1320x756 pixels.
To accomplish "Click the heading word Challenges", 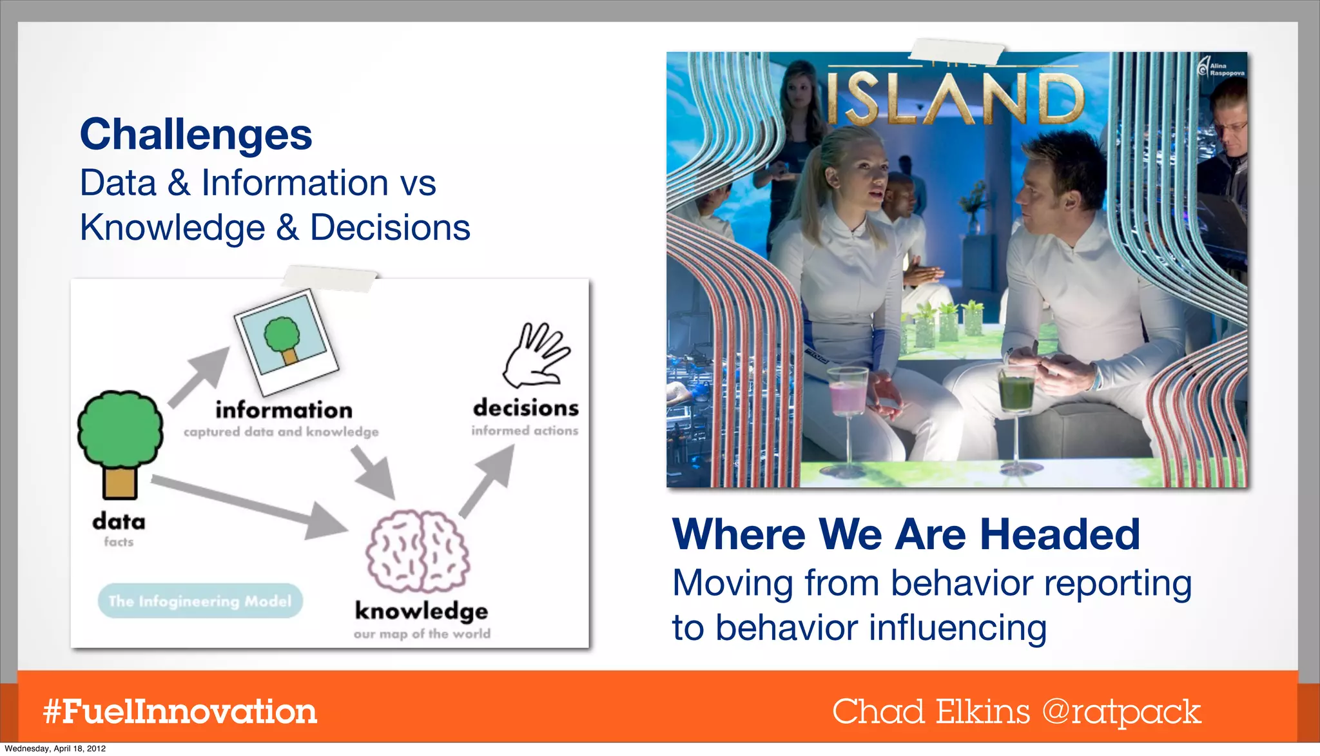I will tap(196, 135).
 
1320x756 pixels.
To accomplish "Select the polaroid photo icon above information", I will tap(286, 341).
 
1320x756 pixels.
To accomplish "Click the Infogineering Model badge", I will tap(200, 601).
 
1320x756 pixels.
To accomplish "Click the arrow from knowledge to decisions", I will tap(488, 480).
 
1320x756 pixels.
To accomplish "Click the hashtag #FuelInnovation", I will tap(180, 712).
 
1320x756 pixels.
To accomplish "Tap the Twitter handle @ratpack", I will tap(1121, 712).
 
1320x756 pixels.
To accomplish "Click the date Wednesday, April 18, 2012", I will tap(55, 749).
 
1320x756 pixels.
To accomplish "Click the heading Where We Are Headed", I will tap(906, 534).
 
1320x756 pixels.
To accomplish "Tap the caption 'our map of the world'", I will tap(422, 634).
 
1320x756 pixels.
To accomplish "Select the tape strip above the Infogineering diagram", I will tap(329, 278).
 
